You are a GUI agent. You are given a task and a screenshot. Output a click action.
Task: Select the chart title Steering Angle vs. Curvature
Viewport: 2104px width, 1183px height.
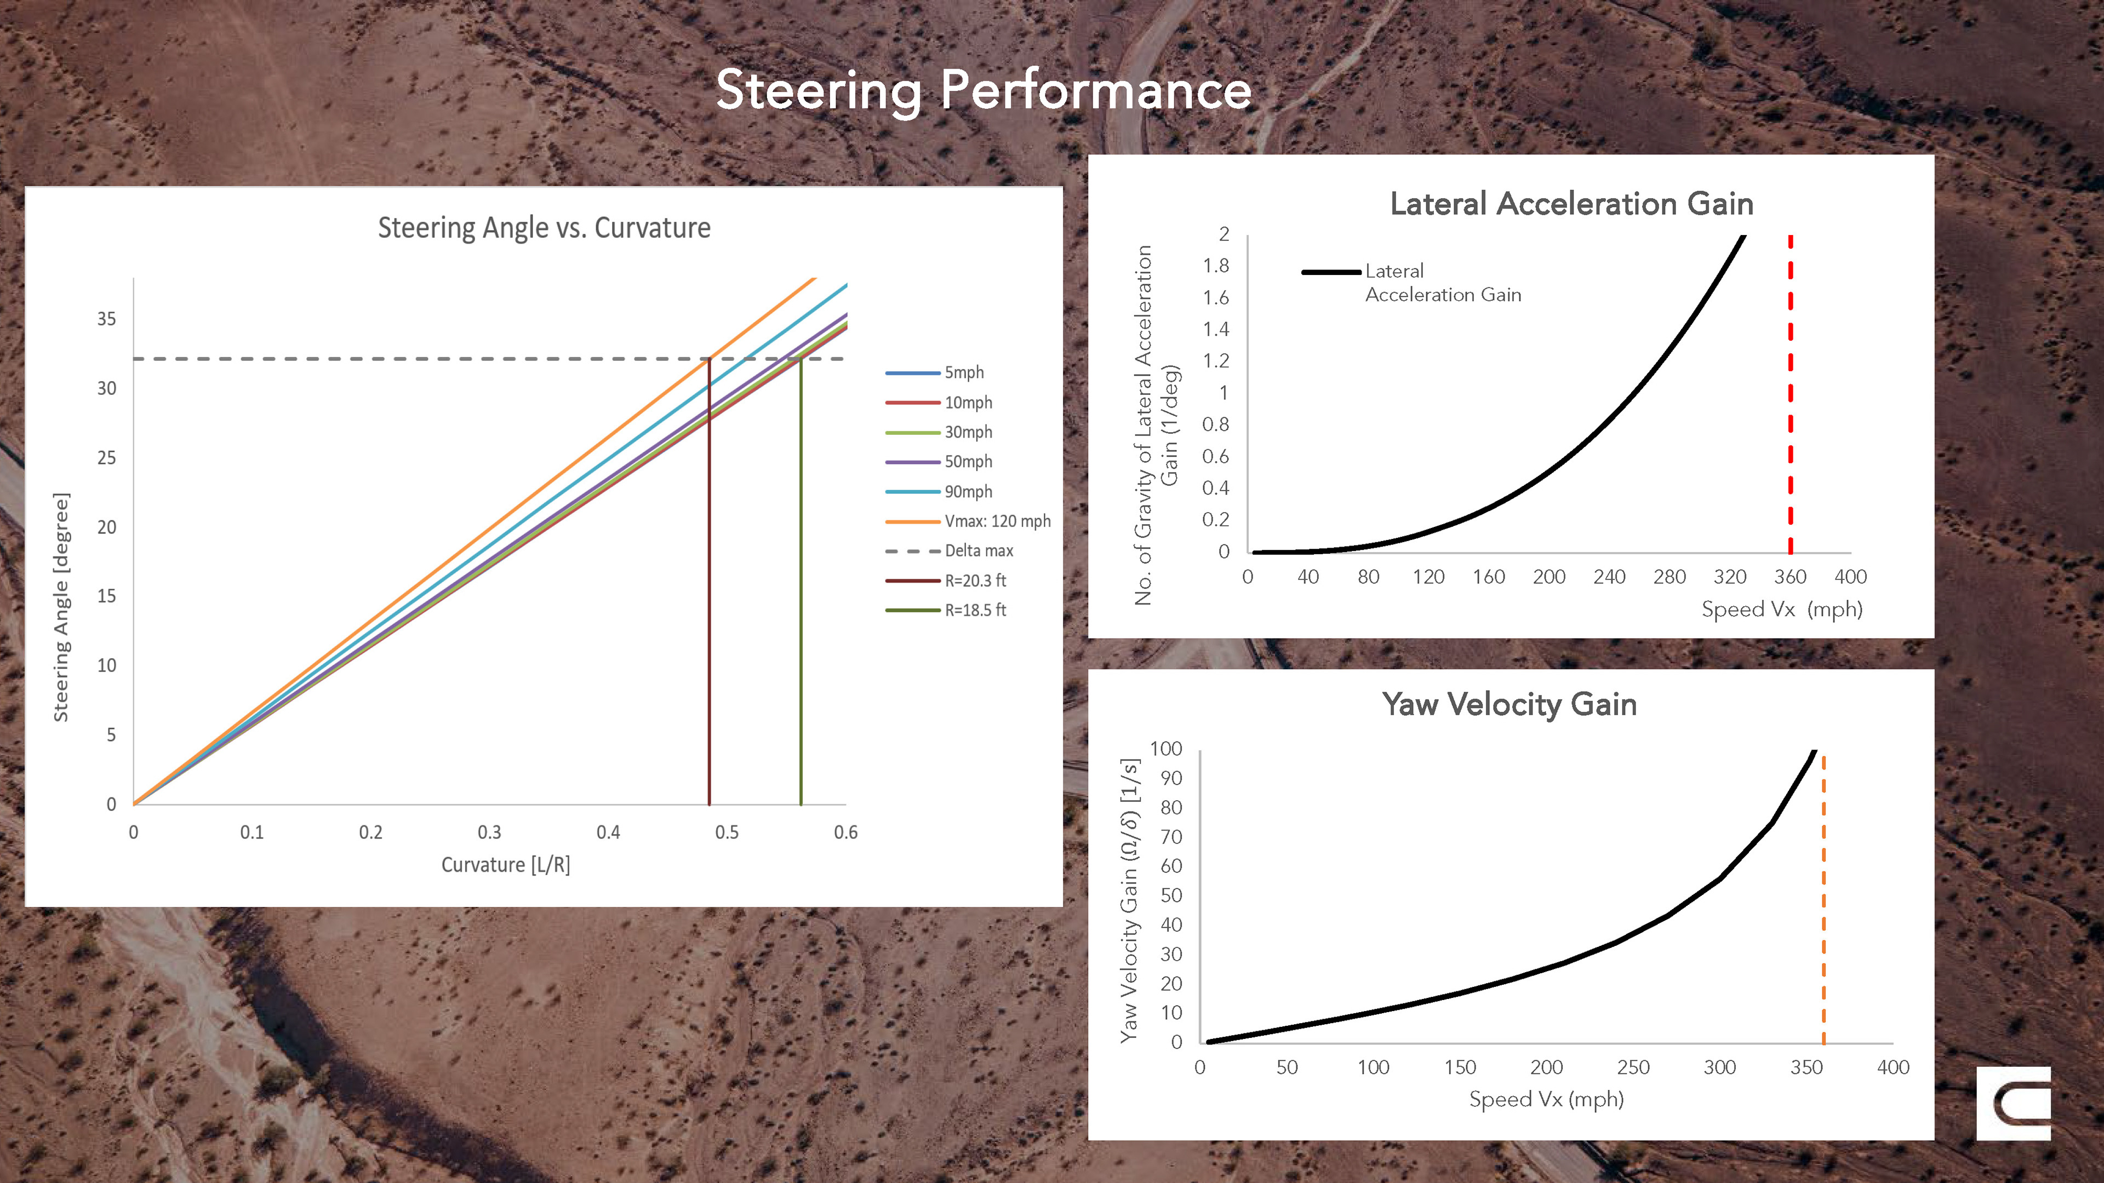544,228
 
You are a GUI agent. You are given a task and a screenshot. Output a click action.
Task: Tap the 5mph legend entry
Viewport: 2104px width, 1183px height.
964,373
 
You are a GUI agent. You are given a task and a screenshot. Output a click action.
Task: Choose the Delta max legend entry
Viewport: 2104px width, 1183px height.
979,551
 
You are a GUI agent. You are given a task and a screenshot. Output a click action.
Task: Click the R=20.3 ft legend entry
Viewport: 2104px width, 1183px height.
975,581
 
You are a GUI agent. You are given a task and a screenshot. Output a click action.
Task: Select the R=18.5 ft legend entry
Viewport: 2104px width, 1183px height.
975,611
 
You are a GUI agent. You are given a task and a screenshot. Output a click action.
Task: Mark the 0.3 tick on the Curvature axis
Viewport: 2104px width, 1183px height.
489,832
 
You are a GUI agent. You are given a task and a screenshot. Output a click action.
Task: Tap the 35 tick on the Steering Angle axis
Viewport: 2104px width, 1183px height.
107,319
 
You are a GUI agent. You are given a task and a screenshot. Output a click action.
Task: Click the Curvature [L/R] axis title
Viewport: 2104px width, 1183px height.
506,865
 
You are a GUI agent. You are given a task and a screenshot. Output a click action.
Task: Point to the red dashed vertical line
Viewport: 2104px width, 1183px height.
1791,392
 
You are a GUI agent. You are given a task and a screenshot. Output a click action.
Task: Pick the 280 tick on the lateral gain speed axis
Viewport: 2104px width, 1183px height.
1670,577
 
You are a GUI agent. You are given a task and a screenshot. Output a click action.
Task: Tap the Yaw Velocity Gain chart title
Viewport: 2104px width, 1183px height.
1508,704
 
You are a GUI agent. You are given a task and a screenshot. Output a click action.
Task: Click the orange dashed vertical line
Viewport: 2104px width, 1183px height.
1823,898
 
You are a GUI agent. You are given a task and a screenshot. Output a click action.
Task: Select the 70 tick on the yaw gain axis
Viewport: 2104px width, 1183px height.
1171,837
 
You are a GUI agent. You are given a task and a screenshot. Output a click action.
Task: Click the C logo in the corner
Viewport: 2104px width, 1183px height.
2014,1104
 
